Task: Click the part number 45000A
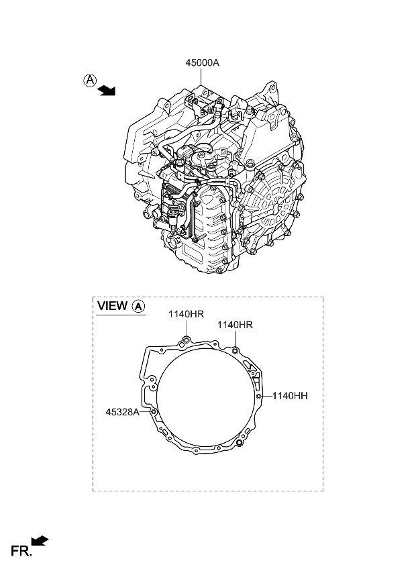pos(203,62)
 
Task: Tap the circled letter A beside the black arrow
pos(89,81)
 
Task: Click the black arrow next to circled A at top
pos(106,91)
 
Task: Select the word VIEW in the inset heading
pos(112,306)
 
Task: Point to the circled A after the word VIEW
pos(138,306)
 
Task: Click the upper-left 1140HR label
pos(186,314)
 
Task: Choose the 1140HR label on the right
pos(234,325)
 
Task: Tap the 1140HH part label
pos(290,397)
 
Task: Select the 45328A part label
pos(122,412)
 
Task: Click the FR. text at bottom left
pos(21,552)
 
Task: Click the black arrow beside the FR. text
pos(41,541)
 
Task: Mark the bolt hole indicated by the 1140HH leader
pos(258,397)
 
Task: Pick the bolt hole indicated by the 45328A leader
pos(154,411)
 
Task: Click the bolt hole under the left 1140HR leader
pos(187,343)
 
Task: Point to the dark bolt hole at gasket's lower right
pos(240,444)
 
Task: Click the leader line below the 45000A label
pos(203,76)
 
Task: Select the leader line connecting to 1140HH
pos(266,397)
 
